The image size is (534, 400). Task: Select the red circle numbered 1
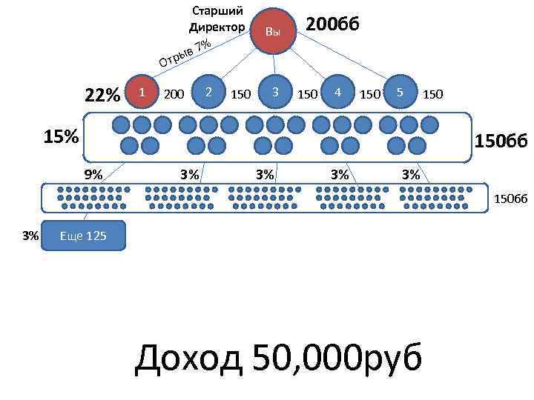(142, 92)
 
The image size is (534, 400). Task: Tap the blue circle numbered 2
(210, 92)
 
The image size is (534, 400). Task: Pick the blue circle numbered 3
(275, 92)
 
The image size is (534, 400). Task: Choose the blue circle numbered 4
(338, 92)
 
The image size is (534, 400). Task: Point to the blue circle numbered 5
(400, 92)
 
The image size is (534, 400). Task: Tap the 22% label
(102, 96)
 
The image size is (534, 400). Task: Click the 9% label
(93, 175)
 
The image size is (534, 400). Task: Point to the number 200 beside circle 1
(174, 94)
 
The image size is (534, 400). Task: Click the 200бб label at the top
(332, 24)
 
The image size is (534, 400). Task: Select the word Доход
(188, 359)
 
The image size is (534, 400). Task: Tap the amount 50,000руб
(337, 359)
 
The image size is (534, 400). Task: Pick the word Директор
(217, 27)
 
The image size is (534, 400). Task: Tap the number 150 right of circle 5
(435, 94)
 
